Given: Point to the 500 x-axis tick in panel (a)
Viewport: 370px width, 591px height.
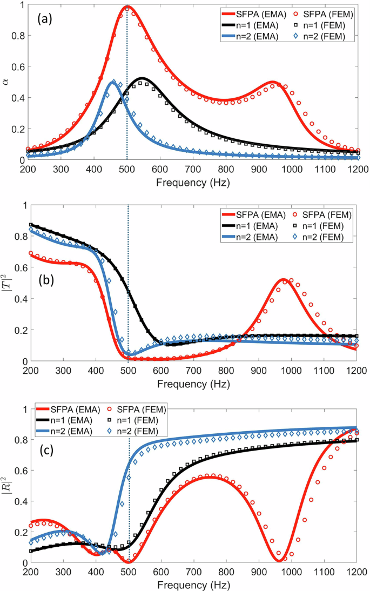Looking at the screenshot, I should (x=127, y=169).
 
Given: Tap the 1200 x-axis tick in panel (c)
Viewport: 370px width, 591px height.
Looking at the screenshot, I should (x=355, y=572).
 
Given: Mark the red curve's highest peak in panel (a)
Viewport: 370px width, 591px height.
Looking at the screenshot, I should (x=127, y=7).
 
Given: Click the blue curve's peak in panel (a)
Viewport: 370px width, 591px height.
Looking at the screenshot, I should (x=113, y=82).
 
